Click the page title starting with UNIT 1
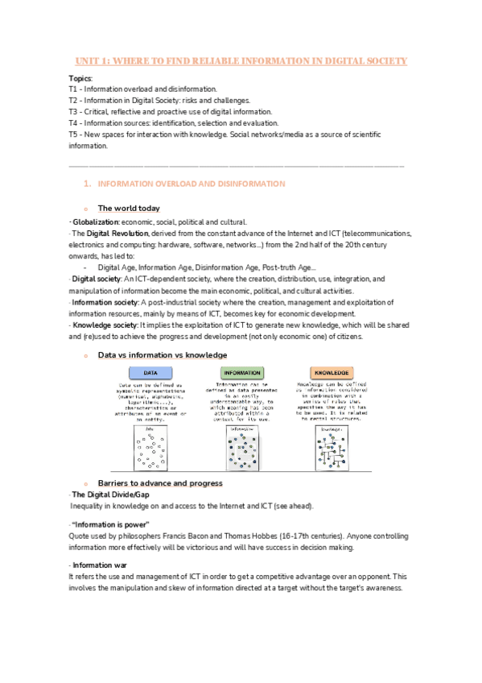tap(241, 62)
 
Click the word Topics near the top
tap(80, 77)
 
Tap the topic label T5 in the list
tap(73, 135)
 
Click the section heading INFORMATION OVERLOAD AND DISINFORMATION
tap(191, 184)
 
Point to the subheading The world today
tap(129, 209)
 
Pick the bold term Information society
tap(105, 302)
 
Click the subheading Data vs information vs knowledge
tap(162, 355)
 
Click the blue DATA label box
tap(150, 374)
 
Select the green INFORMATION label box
tap(242, 374)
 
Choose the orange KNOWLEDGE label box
tap(331, 374)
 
